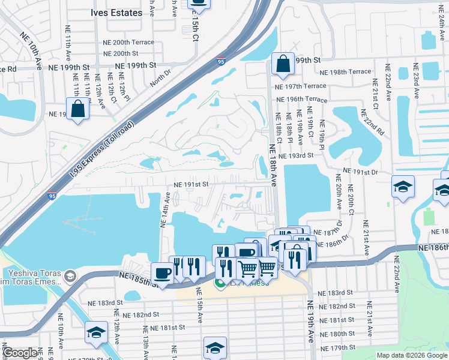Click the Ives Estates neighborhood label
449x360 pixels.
click(x=116, y=13)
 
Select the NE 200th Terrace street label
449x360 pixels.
click(x=128, y=43)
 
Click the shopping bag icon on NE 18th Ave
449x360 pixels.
click(x=282, y=64)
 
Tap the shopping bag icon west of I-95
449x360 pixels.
click(x=77, y=110)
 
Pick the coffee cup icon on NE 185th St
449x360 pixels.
click(x=162, y=273)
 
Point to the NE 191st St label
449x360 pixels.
click(x=190, y=185)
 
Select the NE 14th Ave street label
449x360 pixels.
click(x=164, y=210)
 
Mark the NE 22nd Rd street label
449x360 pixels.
click(x=372, y=122)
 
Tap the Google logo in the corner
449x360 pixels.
click(x=19, y=353)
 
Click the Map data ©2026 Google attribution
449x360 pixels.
click(x=412, y=355)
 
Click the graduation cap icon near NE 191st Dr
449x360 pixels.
click(x=403, y=187)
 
